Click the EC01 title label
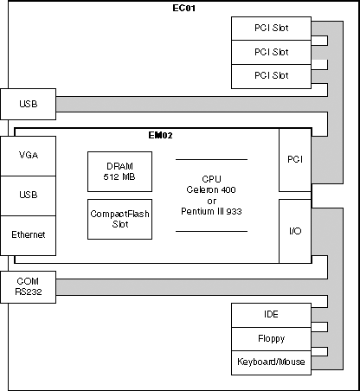[x=183, y=8]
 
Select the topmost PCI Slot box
[x=271, y=29]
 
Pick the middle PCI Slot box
[x=271, y=52]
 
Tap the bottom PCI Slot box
[x=271, y=76]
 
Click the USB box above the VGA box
[x=29, y=104]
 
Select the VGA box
[x=29, y=156]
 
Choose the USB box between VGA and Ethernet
[x=29, y=195]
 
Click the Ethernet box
[x=29, y=235]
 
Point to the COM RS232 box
[x=29, y=287]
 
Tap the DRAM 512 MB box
[x=119, y=171]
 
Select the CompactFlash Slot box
[x=119, y=219]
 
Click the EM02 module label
[x=160, y=135]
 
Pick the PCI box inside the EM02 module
[x=295, y=160]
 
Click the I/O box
[x=295, y=231]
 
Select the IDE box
[x=271, y=315]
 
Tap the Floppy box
[x=271, y=339]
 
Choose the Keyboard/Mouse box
[x=271, y=362]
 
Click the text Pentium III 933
[x=211, y=211]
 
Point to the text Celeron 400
[x=211, y=189]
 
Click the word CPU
[x=211, y=179]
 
